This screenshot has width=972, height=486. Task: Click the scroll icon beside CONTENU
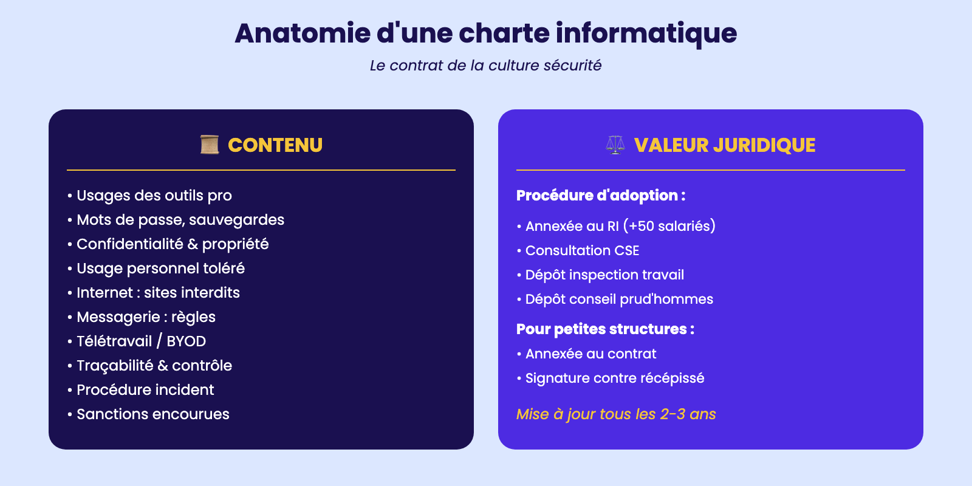click(210, 145)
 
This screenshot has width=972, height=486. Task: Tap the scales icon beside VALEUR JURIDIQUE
click(615, 145)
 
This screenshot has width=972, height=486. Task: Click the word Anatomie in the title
click(303, 33)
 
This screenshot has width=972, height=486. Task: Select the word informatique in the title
click(646, 34)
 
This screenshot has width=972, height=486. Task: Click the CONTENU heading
click(275, 145)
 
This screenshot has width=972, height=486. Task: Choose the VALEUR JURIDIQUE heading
click(725, 145)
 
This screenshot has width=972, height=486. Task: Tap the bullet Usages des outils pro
click(149, 196)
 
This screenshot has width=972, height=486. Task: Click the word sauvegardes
click(236, 220)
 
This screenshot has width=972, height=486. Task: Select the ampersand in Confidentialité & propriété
click(192, 244)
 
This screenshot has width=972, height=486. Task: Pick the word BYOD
click(186, 341)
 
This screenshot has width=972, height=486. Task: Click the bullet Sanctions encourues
click(148, 414)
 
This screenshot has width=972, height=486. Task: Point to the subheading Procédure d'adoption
click(601, 196)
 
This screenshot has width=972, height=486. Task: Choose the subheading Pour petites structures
click(605, 329)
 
